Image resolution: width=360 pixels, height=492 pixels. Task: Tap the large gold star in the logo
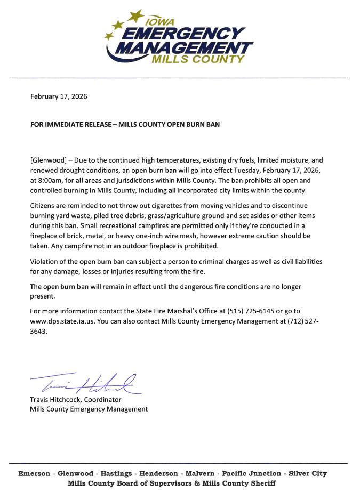[136, 15]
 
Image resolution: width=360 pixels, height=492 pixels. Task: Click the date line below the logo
[59, 96]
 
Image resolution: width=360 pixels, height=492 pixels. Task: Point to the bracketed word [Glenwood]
[49, 160]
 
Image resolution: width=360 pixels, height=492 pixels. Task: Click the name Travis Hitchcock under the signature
[59, 399]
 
